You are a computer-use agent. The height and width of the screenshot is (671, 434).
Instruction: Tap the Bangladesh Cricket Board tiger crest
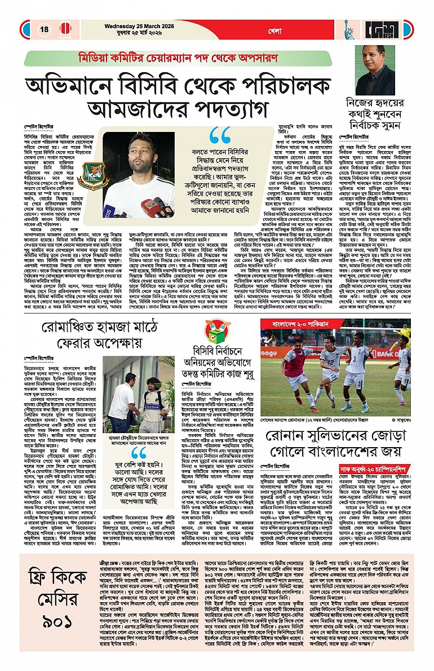[x=91, y=175]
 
